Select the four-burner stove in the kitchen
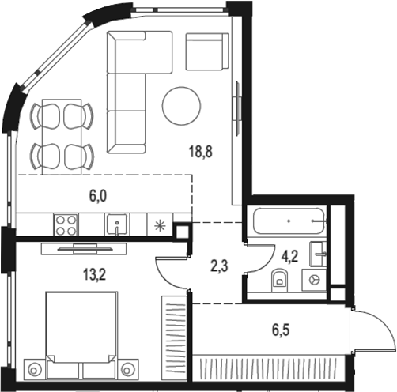pyautogui.click(x=65, y=224)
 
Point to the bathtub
pyautogui.click(x=289, y=220)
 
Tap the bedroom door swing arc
pyautogui.click(x=169, y=273)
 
